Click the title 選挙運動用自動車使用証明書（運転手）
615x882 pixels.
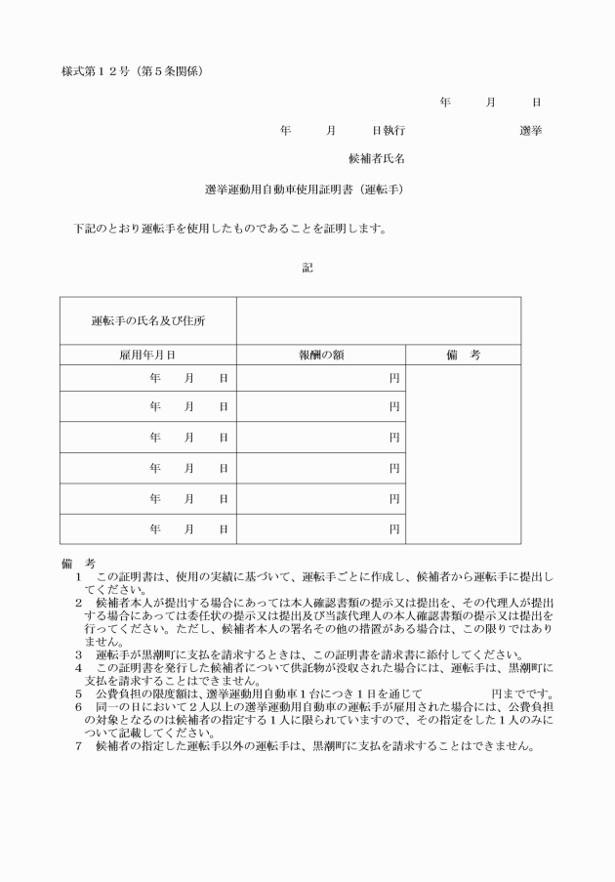(x=304, y=189)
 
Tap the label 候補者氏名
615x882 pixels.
(x=377, y=157)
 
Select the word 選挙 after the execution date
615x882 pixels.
(x=531, y=130)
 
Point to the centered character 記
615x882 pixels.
(x=307, y=267)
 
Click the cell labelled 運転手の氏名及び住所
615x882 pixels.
(x=147, y=320)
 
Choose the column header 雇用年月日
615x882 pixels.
(x=147, y=356)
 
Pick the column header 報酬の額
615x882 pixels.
(x=321, y=356)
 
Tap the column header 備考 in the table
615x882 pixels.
(x=463, y=356)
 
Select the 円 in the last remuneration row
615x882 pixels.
(x=394, y=528)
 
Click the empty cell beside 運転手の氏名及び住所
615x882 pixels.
(x=378, y=320)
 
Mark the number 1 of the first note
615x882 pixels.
(x=78, y=579)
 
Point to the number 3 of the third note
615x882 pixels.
(x=78, y=654)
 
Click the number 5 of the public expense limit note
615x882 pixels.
(x=78, y=693)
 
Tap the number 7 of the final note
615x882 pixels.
(x=78, y=745)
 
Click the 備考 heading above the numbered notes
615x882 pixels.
(x=77, y=565)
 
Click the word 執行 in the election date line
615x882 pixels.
(x=395, y=130)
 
